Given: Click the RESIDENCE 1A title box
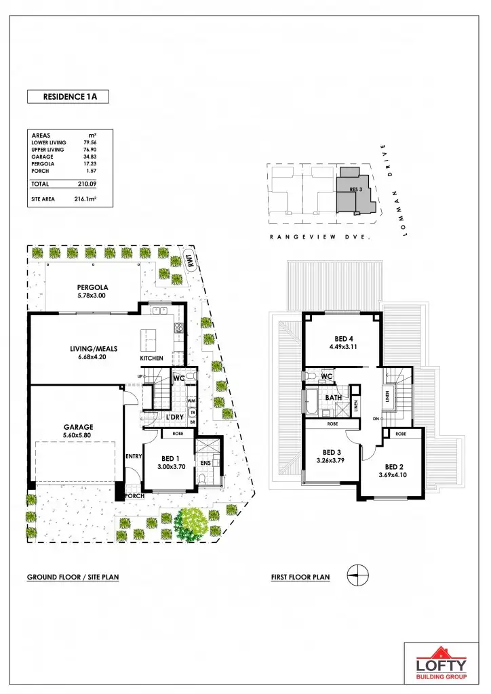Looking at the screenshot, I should (68, 96).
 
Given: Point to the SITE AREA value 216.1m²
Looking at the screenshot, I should (85, 199).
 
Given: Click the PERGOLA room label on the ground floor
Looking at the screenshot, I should (93, 287).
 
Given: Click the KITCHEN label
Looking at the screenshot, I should (152, 358).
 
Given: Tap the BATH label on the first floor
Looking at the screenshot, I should (333, 398).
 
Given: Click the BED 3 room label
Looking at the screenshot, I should (331, 452).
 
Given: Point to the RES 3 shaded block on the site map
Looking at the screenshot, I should (353, 192).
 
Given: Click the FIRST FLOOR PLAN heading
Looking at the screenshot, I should (300, 577).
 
